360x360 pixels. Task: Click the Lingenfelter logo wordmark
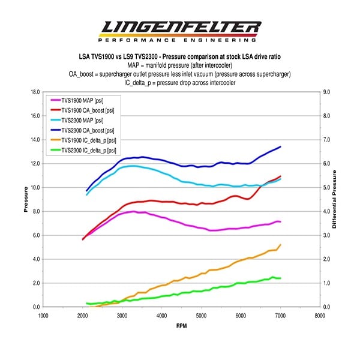(x=180, y=27)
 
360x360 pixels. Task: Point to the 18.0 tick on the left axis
(x=33, y=92)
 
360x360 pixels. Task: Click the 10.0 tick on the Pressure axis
(x=33, y=188)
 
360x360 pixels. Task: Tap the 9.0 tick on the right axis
(x=328, y=92)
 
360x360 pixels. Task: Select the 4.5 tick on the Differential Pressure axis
(x=328, y=199)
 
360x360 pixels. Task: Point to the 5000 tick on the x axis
(x=201, y=314)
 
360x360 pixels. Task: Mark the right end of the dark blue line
(x=280, y=146)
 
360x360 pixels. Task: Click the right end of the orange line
(x=280, y=245)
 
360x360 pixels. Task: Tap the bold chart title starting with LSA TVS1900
(x=180, y=56)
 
